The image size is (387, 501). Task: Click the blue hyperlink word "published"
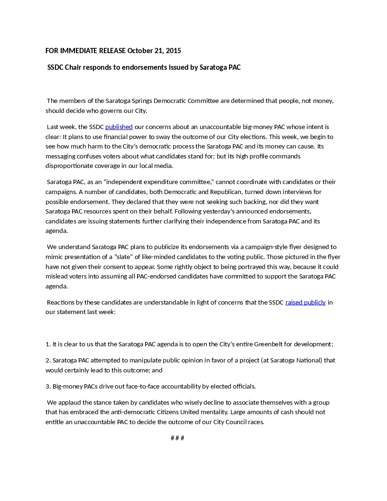coord(119,127)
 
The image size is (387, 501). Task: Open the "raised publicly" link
coord(305,302)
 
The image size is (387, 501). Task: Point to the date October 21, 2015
coord(154,51)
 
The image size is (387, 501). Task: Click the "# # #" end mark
coord(177,438)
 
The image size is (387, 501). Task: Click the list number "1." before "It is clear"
coord(48,344)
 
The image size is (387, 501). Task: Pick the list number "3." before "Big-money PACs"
coord(48,386)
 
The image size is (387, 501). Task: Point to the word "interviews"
coord(297,192)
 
